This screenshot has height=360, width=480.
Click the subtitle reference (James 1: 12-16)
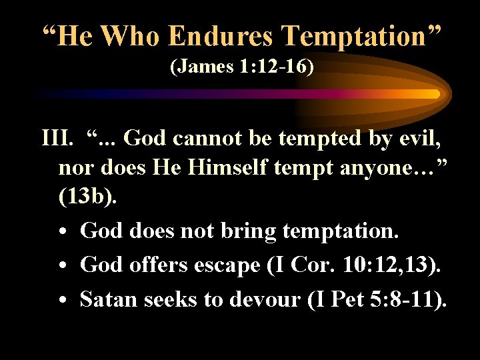click(x=241, y=67)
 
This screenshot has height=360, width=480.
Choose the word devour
click(x=265, y=299)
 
